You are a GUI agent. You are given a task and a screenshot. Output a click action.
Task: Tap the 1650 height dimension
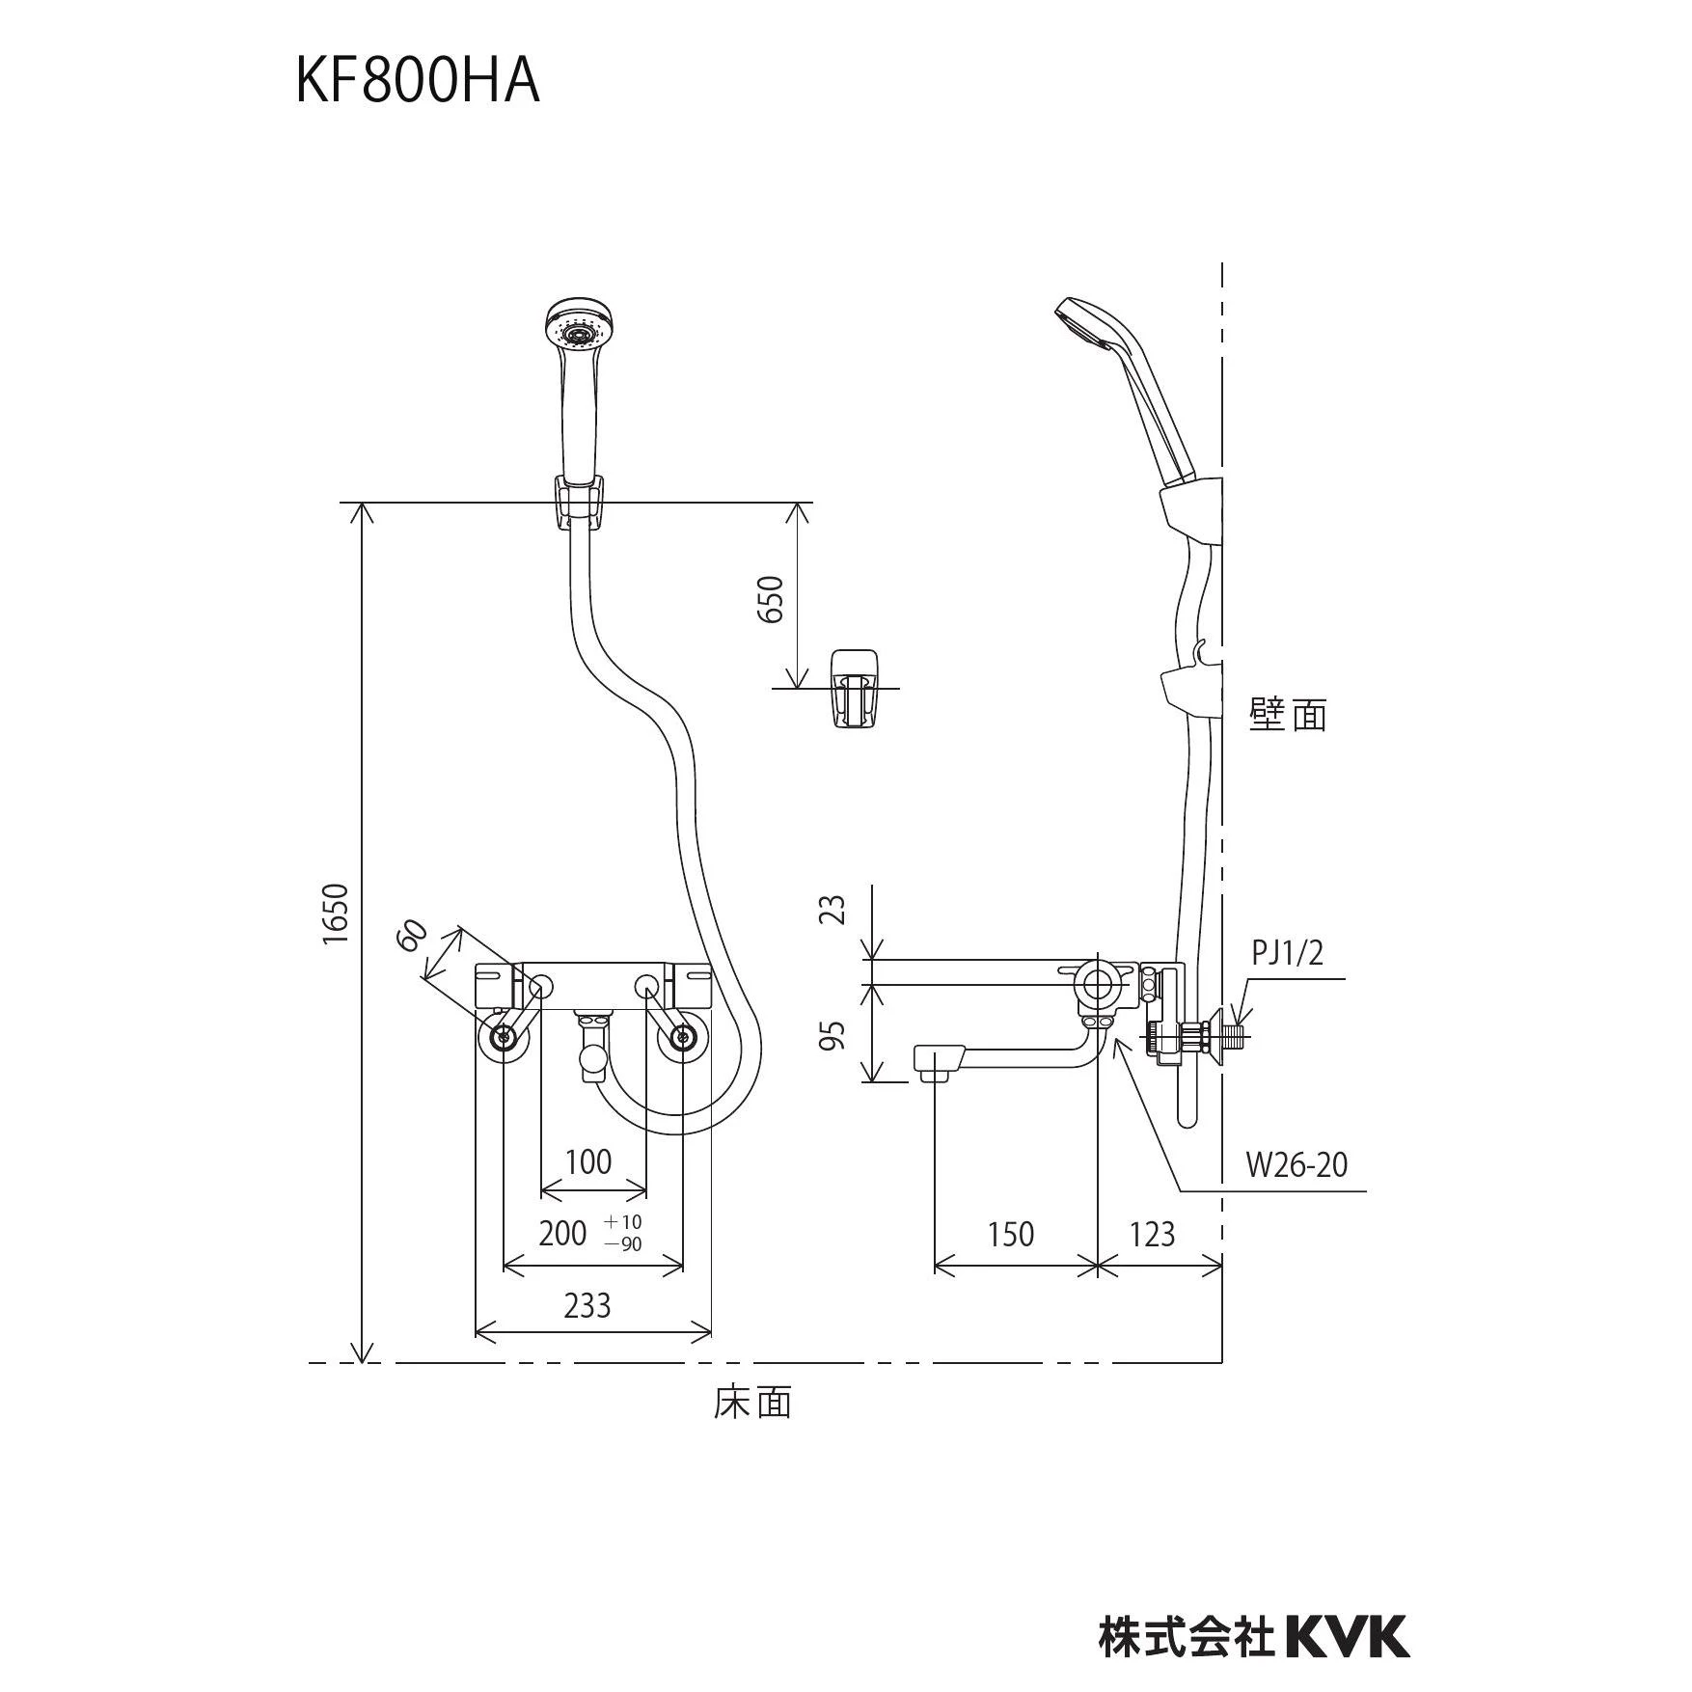(335, 914)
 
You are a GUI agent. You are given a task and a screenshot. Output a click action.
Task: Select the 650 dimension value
(772, 599)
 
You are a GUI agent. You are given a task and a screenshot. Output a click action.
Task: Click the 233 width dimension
(587, 1305)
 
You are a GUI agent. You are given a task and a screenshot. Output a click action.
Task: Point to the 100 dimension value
(588, 1161)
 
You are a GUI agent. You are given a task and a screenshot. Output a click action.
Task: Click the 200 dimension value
(562, 1233)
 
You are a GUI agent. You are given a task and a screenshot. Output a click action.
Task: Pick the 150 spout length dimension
(1010, 1234)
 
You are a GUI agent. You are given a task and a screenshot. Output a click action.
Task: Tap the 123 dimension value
(1152, 1234)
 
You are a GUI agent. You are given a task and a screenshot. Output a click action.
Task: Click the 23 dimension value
(835, 909)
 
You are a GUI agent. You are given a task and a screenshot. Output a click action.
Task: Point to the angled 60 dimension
(412, 936)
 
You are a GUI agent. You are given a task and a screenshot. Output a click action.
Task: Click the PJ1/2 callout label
(1288, 953)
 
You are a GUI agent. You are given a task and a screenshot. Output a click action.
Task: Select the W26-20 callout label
(1296, 1165)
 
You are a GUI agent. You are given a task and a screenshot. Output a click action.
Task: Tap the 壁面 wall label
(1289, 715)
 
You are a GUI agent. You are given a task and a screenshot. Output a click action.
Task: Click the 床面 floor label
(753, 1403)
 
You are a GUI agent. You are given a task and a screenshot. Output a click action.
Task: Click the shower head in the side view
(1129, 390)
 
